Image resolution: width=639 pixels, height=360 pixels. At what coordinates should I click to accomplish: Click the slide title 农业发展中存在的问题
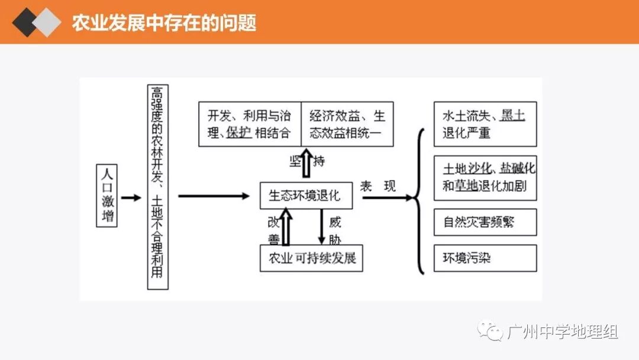point(164,22)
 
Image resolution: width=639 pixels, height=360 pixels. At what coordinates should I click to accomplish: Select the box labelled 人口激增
point(107,196)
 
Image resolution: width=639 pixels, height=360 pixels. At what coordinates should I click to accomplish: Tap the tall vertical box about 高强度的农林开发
point(157,187)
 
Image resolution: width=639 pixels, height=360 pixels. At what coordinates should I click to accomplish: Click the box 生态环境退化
point(306,196)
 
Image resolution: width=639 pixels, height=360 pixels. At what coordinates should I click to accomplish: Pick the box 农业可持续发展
point(311,259)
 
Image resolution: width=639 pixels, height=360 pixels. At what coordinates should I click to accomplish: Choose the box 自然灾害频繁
point(485,222)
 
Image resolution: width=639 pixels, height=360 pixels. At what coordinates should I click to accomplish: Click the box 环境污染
point(485,258)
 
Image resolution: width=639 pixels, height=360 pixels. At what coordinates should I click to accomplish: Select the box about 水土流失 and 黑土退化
point(485,124)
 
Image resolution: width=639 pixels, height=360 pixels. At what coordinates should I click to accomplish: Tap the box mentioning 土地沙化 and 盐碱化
point(485,177)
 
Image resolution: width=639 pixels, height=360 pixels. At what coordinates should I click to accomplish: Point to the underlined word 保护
point(238,133)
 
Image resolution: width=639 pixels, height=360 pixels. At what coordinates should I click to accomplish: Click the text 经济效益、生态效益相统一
point(347,124)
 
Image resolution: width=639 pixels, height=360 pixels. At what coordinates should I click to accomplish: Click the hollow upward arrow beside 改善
point(286,228)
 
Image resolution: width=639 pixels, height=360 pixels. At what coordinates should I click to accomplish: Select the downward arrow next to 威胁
point(321,228)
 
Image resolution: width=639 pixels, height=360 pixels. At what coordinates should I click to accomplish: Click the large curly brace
point(420,201)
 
